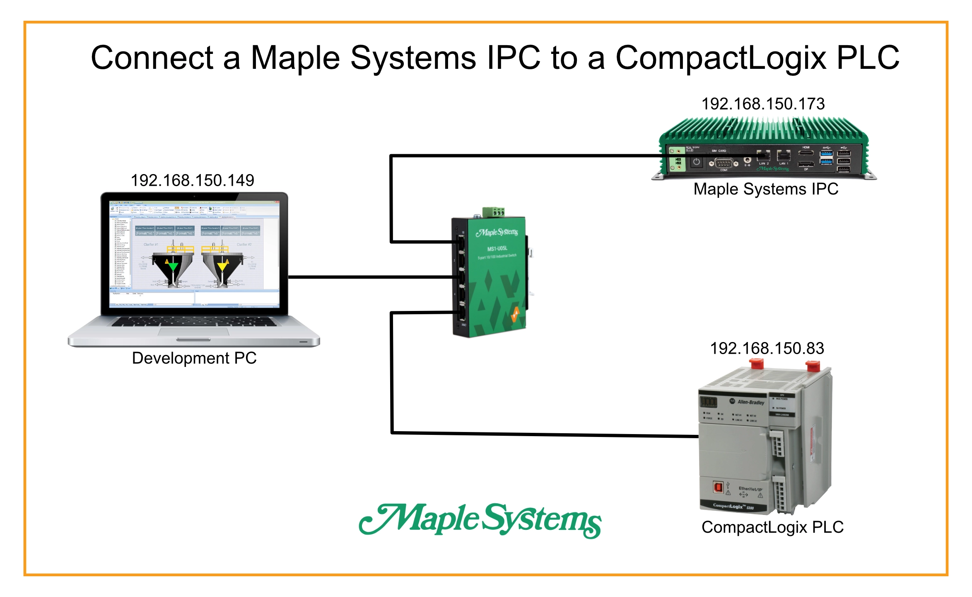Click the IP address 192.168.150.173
click(x=763, y=104)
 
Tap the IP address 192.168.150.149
click(x=192, y=180)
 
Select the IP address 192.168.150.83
click(x=767, y=349)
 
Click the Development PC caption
click(x=194, y=358)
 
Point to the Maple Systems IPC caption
click(x=766, y=189)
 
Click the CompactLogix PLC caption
click(x=772, y=527)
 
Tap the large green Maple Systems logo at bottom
click(x=480, y=520)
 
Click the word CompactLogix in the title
click(x=721, y=58)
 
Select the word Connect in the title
click(x=152, y=58)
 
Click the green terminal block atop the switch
click(x=494, y=212)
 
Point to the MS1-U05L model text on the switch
click(x=497, y=248)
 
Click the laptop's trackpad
click(x=193, y=332)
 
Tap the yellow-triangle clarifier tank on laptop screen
click(x=222, y=268)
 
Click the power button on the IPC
click(x=697, y=162)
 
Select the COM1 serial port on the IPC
click(x=724, y=163)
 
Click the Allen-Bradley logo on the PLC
click(x=748, y=402)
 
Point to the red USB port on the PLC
click(x=718, y=487)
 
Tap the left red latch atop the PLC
click(x=757, y=364)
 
